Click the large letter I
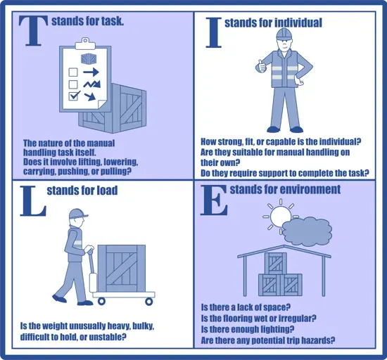click(210, 32)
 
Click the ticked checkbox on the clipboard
click(71, 96)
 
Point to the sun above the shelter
click(279, 214)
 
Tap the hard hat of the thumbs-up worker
click(284, 35)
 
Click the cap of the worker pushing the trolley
click(79, 214)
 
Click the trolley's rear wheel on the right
click(149, 300)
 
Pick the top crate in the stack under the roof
click(276, 264)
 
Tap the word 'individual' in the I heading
click(294, 23)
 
